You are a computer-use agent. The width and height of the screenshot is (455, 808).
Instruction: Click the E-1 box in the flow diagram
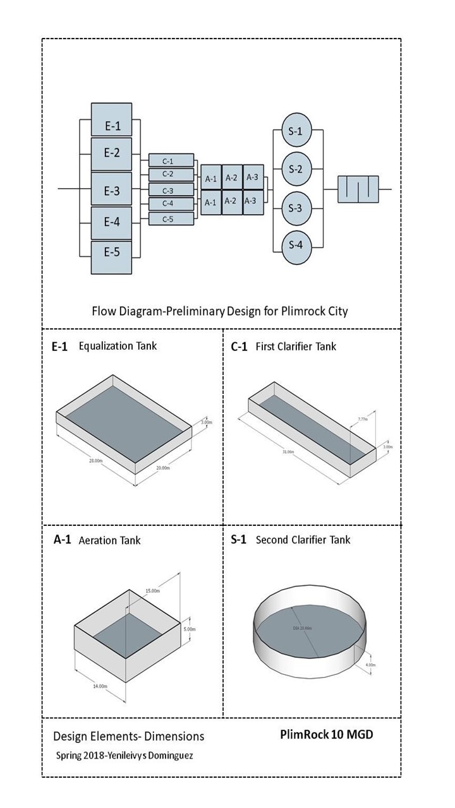[x=111, y=126]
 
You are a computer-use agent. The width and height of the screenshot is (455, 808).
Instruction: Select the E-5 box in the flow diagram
[x=111, y=252]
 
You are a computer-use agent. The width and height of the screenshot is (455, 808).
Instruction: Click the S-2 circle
[x=296, y=169]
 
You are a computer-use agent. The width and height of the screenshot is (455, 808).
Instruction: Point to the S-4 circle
[x=296, y=244]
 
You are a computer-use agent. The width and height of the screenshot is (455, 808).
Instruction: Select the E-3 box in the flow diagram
[x=111, y=191]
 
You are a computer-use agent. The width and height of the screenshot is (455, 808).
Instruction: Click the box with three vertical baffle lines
[x=358, y=189]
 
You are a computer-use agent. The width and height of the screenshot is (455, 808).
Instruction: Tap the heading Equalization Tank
[x=118, y=346]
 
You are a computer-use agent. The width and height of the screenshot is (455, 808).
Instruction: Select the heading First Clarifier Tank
[x=296, y=346]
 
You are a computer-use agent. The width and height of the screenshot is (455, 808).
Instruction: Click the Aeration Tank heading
[x=109, y=540]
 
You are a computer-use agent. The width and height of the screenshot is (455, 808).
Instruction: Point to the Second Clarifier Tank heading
[x=303, y=540]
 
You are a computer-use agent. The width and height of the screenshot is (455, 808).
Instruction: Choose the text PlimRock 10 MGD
[x=331, y=735]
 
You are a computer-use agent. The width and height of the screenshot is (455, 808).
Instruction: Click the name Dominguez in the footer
[x=171, y=755]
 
